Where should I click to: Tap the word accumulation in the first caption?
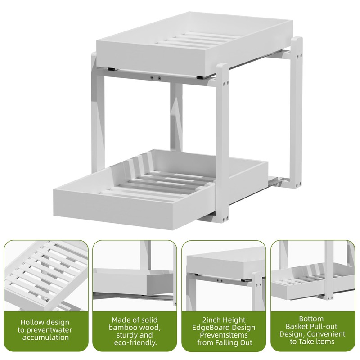[x=46, y=337]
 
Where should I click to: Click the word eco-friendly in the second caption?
[x=135, y=342]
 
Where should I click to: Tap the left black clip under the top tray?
[x=112, y=69]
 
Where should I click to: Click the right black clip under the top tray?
[x=200, y=77]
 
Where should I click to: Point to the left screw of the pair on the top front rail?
[x=152, y=78]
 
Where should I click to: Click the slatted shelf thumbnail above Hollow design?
[x=46, y=275]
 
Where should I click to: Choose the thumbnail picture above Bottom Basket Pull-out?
[x=313, y=275]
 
